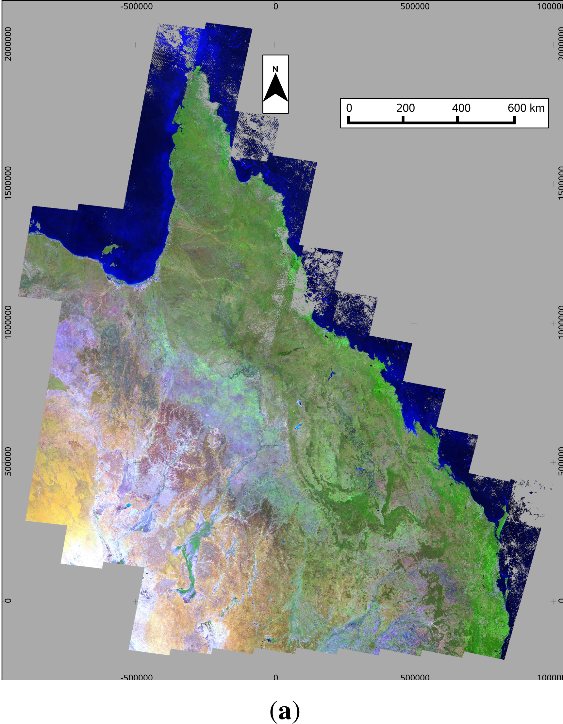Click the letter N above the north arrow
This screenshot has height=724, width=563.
pyautogui.click(x=275, y=69)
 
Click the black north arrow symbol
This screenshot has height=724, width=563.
pyautogui.click(x=275, y=88)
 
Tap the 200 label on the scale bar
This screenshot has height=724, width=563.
pyautogui.click(x=405, y=108)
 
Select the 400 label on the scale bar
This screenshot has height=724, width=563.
pyautogui.click(x=461, y=108)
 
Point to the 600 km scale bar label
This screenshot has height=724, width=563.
pyautogui.click(x=526, y=108)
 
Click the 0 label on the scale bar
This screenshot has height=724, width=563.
pyautogui.click(x=349, y=108)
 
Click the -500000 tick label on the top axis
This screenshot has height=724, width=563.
pyautogui.click(x=137, y=7)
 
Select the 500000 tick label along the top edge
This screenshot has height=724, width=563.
pyautogui.click(x=415, y=7)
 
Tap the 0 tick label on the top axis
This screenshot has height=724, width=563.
pyautogui.click(x=275, y=7)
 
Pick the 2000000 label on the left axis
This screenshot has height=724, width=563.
pyautogui.click(x=8, y=44)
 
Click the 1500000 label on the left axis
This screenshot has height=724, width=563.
pyautogui.click(x=8, y=183)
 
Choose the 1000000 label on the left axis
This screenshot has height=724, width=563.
pyautogui.click(x=8, y=322)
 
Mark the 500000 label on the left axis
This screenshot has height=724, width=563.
pyautogui.click(x=8, y=461)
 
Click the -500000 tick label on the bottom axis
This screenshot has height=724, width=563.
pyautogui.click(x=137, y=677)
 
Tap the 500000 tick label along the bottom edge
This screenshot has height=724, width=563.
pyautogui.click(x=415, y=677)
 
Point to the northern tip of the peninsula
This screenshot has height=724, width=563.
pyautogui.click(x=198, y=68)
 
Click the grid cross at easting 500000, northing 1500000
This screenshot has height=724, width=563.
pyautogui.click(x=414, y=184)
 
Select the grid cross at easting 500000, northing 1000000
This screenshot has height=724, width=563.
pyautogui.click(x=414, y=323)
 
